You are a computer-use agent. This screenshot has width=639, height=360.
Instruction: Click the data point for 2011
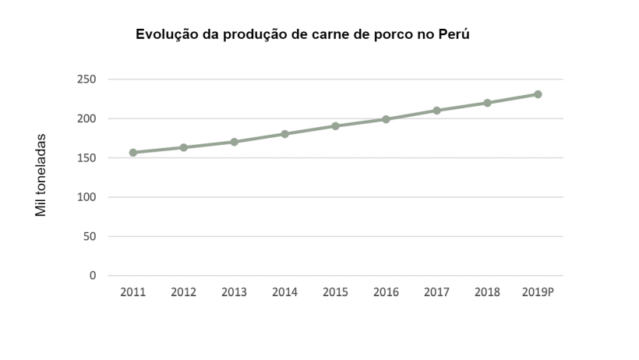click(133, 153)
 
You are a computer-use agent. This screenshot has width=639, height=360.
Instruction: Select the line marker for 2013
click(234, 142)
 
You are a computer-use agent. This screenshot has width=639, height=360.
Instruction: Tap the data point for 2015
click(335, 125)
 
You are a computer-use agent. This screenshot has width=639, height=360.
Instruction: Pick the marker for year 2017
click(436, 111)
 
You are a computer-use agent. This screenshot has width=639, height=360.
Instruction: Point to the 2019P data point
click(538, 94)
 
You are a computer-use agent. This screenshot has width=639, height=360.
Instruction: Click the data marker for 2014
click(284, 134)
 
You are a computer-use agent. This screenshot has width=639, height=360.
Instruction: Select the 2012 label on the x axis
click(183, 292)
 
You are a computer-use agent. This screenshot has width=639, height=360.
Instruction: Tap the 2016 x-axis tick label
click(386, 292)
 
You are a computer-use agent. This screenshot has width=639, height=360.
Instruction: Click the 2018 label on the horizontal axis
click(487, 292)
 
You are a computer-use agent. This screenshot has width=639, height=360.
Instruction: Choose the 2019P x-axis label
click(538, 292)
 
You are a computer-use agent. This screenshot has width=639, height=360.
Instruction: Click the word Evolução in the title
click(165, 34)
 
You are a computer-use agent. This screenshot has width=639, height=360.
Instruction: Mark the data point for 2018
click(487, 103)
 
